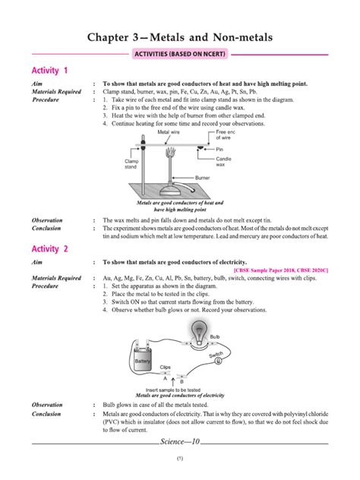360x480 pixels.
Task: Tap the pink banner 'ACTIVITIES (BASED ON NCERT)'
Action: pyautogui.click(x=180, y=55)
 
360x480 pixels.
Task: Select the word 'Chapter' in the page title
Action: pyautogui.click(x=115, y=36)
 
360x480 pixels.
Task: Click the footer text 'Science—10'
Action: pyautogui.click(x=180, y=441)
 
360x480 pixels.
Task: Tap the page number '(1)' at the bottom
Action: pyautogui.click(x=180, y=459)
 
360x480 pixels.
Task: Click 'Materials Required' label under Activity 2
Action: pyautogui.click(x=55, y=278)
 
